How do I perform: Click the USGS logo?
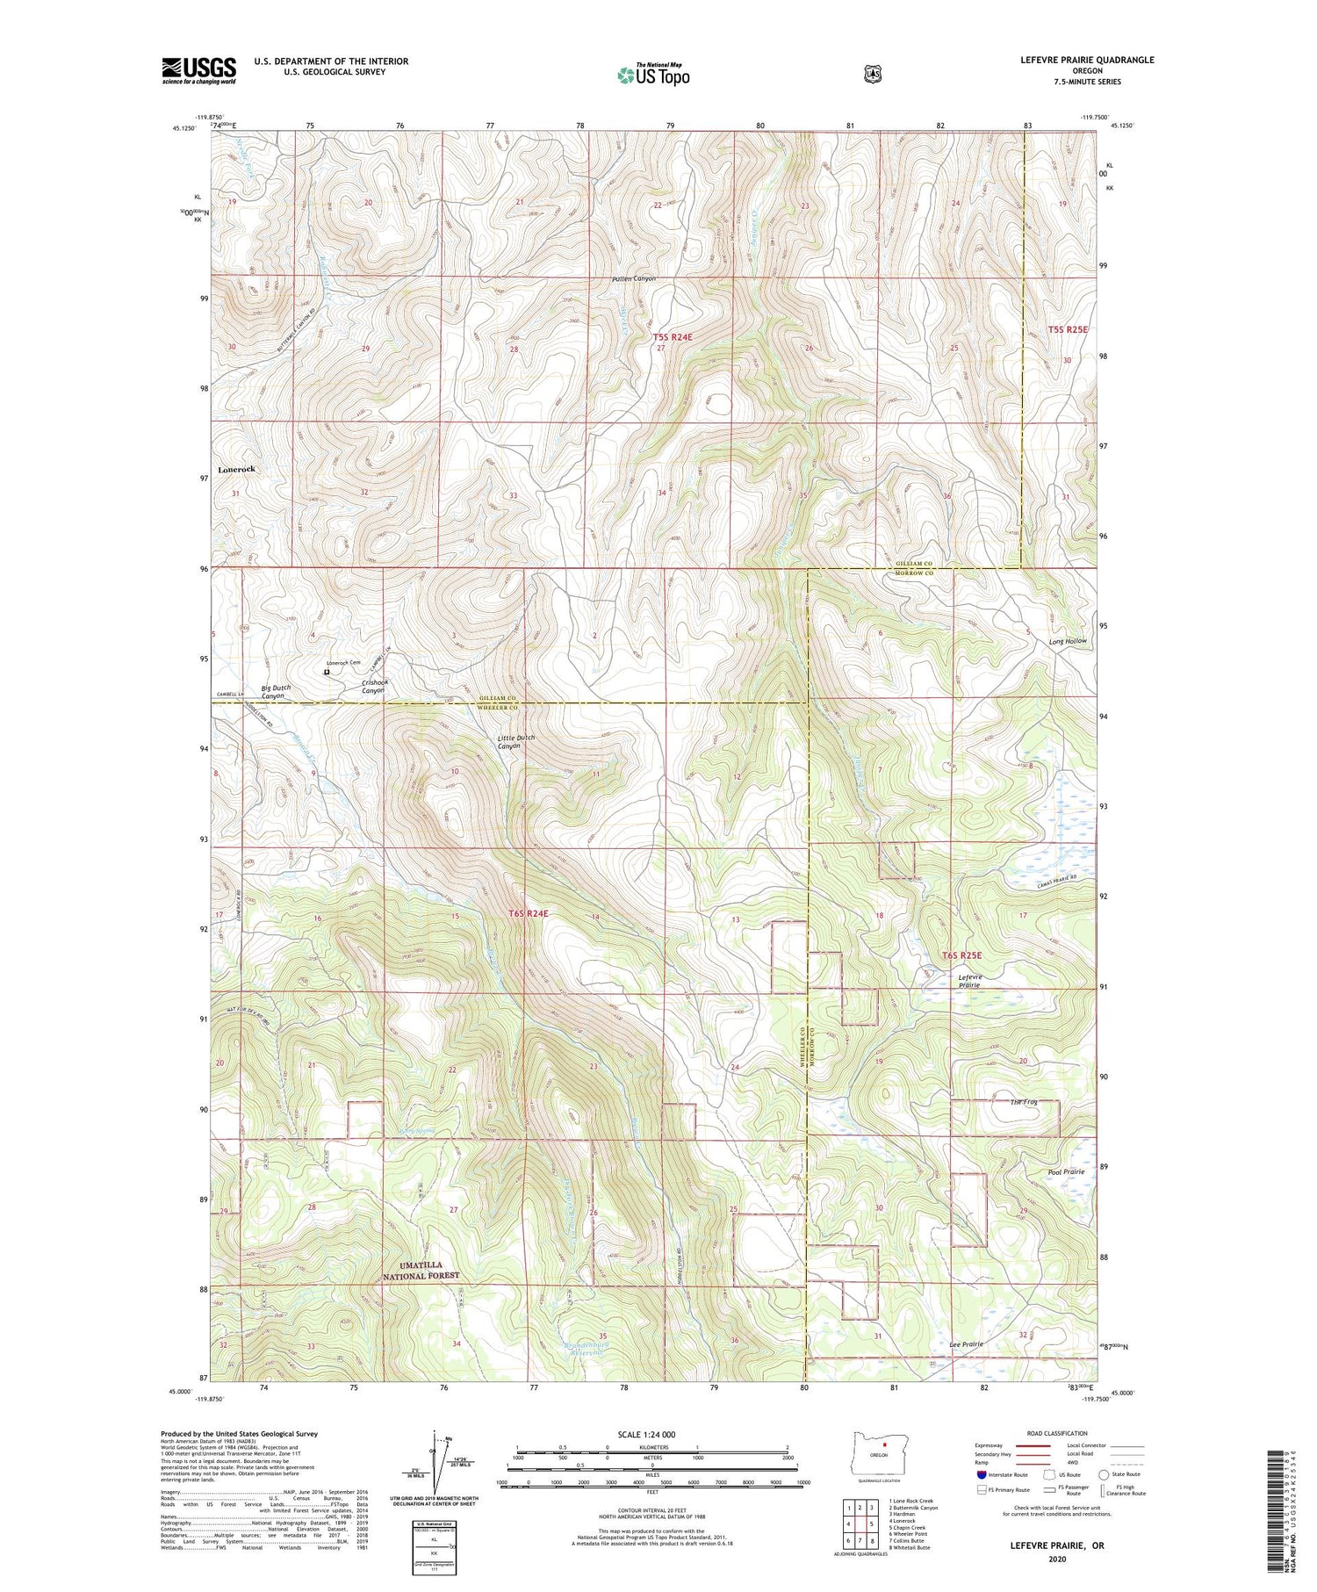pos(198,70)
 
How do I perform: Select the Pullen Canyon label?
pos(634,279)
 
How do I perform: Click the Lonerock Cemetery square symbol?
pos(327,673)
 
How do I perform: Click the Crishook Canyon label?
pos(375,687)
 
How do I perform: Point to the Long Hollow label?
pos(1068,641)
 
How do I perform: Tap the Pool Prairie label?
pos(1066,1171)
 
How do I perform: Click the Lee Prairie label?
pos(966,1344)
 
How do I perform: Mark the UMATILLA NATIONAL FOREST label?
pos(421,1271)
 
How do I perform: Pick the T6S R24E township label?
pos(529,913)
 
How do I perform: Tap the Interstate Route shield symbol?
pos(981,1474)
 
